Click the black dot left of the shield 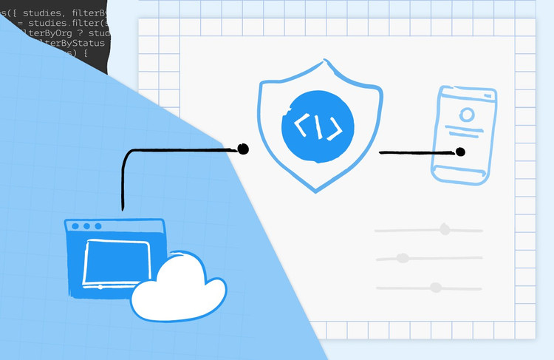243,149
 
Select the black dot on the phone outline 460,152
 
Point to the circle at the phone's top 466,115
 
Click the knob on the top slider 445,229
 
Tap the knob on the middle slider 403,258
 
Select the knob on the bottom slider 435,287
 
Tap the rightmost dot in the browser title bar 98,225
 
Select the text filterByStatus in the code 74,42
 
